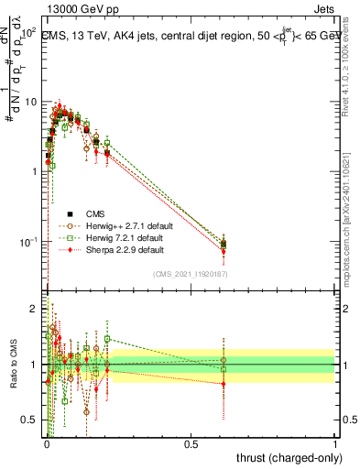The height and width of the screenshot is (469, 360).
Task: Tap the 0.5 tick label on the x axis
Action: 191,444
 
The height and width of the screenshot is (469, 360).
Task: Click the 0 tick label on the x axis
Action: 46,444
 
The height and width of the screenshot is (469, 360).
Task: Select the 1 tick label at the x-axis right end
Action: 335,444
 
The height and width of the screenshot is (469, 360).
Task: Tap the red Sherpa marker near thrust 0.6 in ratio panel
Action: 224,384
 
